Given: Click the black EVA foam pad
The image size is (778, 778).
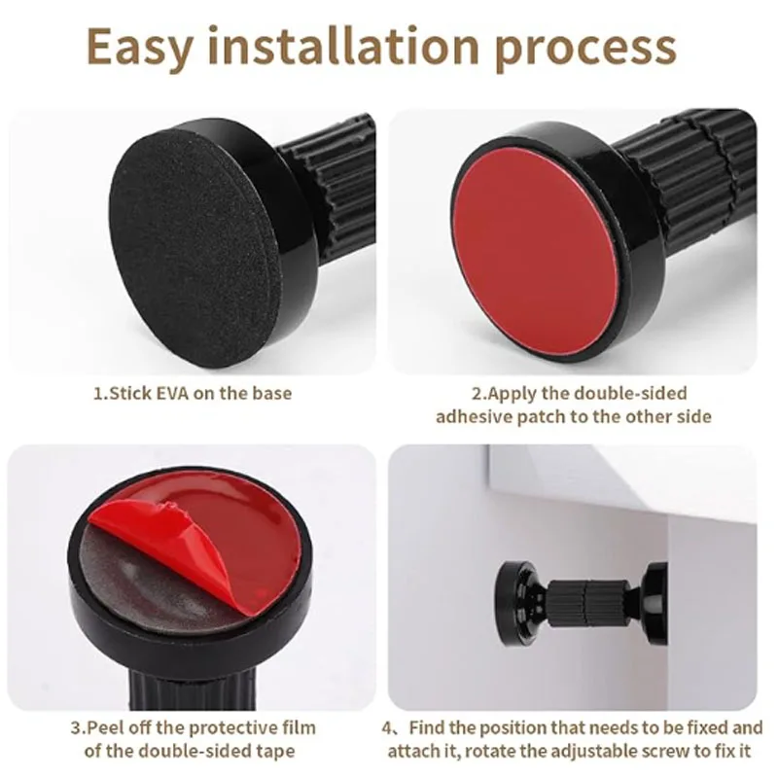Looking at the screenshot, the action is [x=192, y=243].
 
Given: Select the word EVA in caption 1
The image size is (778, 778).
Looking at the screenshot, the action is [x=173, y=393].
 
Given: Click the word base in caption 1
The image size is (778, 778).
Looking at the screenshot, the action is [x=272, y=393].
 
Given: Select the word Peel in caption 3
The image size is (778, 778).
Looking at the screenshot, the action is [x=102, y=727].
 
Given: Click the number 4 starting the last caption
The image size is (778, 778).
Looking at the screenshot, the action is [x=388, y=728].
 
